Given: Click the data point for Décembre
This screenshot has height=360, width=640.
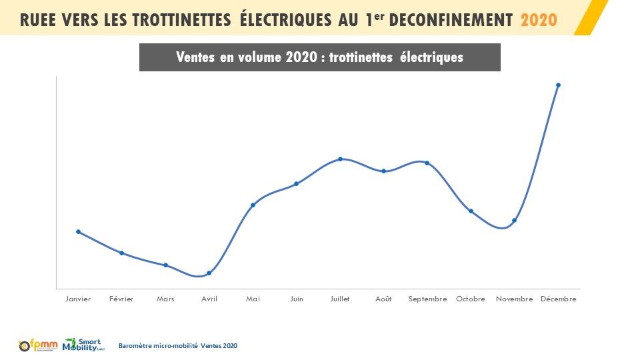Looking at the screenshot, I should click(x=558, y=85).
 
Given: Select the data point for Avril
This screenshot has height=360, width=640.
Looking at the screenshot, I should click(x=209, y=273).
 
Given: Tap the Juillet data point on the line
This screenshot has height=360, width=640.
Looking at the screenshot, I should click(x=340, y=159).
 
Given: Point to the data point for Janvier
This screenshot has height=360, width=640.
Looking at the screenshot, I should click(x=78, y=232).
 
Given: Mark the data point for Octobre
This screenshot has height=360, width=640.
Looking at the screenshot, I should click(x=471, y=211).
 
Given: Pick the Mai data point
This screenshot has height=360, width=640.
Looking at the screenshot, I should click(x=253, y=205).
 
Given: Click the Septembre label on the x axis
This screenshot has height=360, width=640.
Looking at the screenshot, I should click(x=427, y=299).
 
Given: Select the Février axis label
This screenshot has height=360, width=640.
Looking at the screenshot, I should click(x=121, y=299).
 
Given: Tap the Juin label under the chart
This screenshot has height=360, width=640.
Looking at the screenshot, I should click(x=297, y=299).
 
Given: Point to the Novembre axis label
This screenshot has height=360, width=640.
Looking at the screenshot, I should click(x=515, y=299).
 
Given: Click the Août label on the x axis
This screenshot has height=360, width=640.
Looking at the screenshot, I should click(x=383, y=299).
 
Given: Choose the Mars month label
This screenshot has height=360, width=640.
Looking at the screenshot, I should click(x=165, y=299).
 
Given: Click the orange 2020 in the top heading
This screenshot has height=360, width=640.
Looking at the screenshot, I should click(x=539, y=19).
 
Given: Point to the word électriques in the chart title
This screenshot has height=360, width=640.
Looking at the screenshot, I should click(x=431, y=57).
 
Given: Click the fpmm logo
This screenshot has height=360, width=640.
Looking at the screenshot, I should click(x=39, y=345).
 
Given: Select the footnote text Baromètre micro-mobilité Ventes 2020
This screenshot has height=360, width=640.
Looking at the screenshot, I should click(x=177, y=345).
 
